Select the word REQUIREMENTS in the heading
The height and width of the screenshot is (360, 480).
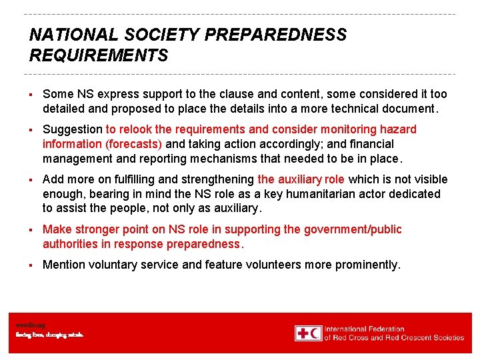coord(99,55)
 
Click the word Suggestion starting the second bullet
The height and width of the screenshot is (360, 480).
coord(73,129)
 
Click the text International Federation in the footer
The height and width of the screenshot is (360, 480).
coord(365,329)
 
